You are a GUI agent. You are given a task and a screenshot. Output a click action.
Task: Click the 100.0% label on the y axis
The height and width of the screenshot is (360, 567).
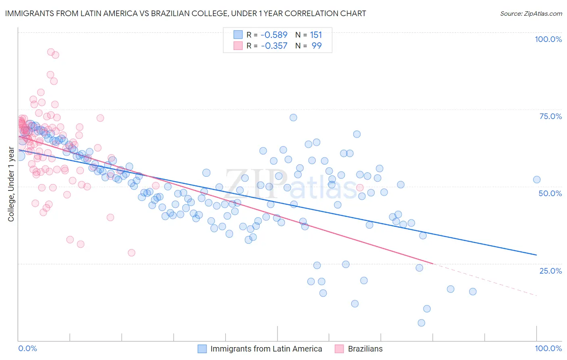click(548, 39)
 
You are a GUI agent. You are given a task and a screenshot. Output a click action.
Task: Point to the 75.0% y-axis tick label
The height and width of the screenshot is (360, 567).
click(550, 116)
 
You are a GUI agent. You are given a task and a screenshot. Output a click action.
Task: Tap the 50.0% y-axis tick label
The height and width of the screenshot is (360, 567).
click(550, 193)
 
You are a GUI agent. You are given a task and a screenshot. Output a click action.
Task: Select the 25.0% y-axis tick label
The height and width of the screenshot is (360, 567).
click(550, 271)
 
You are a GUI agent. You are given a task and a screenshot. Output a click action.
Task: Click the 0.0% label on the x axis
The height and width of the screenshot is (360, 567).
click(27, 348)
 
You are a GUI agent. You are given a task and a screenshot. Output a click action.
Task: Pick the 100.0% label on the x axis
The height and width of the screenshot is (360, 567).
click(548, 348)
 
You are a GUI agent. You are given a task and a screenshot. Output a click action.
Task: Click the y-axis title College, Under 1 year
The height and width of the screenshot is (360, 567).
click(11, 184)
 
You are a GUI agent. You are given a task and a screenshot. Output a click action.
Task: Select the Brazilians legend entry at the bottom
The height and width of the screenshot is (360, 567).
click(365, 349)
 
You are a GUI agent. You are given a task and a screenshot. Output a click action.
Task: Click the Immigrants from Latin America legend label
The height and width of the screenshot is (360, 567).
click(266, 349)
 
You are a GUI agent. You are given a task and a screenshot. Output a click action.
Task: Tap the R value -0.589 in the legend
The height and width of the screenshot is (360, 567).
click(274, 35)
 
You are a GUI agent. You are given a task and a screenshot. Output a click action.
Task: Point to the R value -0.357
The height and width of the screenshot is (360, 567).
click(274, 46)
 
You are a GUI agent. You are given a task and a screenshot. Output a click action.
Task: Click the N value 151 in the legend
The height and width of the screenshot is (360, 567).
click(316, 35)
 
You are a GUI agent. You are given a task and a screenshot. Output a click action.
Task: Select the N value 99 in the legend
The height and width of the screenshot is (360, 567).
click(317, 46)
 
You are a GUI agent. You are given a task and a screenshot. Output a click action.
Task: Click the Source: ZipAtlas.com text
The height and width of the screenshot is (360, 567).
click(531, 13)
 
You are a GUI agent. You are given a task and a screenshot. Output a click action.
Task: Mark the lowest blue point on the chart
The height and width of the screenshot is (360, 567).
click(421, 322)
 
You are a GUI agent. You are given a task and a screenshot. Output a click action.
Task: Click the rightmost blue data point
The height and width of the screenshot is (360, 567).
click(537, 180)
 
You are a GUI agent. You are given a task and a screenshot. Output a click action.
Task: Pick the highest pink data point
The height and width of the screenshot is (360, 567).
click(51, 52)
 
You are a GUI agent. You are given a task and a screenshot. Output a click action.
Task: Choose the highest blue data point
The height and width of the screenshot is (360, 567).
click(293, 117)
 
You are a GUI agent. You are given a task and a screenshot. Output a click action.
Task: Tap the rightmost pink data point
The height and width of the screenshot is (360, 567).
click(360, 187)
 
